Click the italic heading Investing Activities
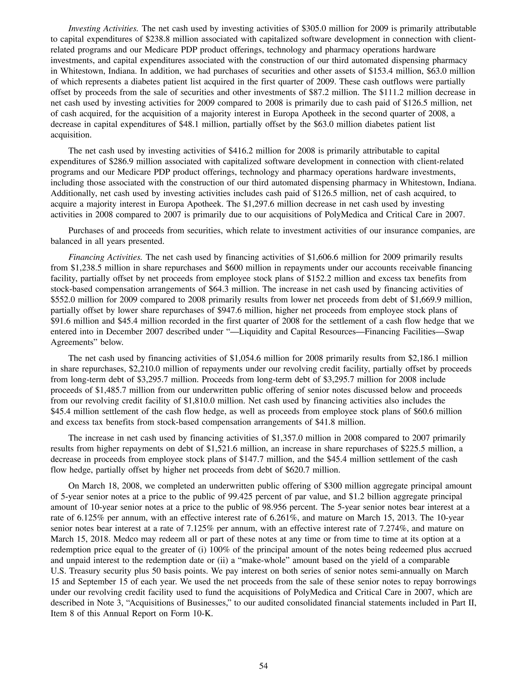point(103,29)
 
